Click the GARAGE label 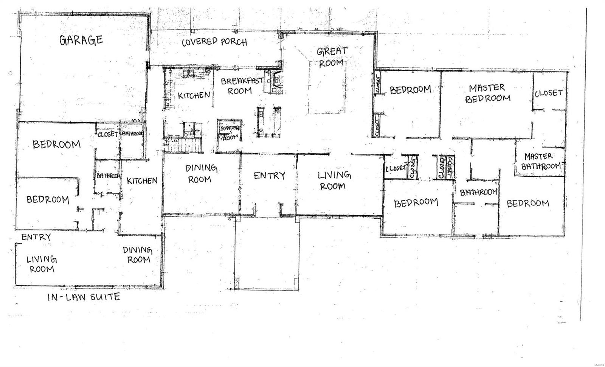click(81, 40)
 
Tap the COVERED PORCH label click(214, 42)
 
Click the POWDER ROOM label click(230, 132)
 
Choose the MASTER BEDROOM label click(487, 93)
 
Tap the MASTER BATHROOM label click(542, 161)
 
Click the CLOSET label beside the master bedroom click(549, 93)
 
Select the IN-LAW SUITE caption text click(84, 297)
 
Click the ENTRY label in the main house click(269, 176)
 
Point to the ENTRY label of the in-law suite click(36, 237)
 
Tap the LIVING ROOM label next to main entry click(334, 180)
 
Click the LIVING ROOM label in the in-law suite click(42, 264)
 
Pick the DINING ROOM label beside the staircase click(201, 173)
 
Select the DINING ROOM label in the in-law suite click(138, 255)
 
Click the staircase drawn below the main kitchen click(183, 145)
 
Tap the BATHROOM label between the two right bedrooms click(478, 192)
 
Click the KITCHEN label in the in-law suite click(142, 181)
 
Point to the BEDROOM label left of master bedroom click(410, 90)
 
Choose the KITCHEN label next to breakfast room click(194, 95)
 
